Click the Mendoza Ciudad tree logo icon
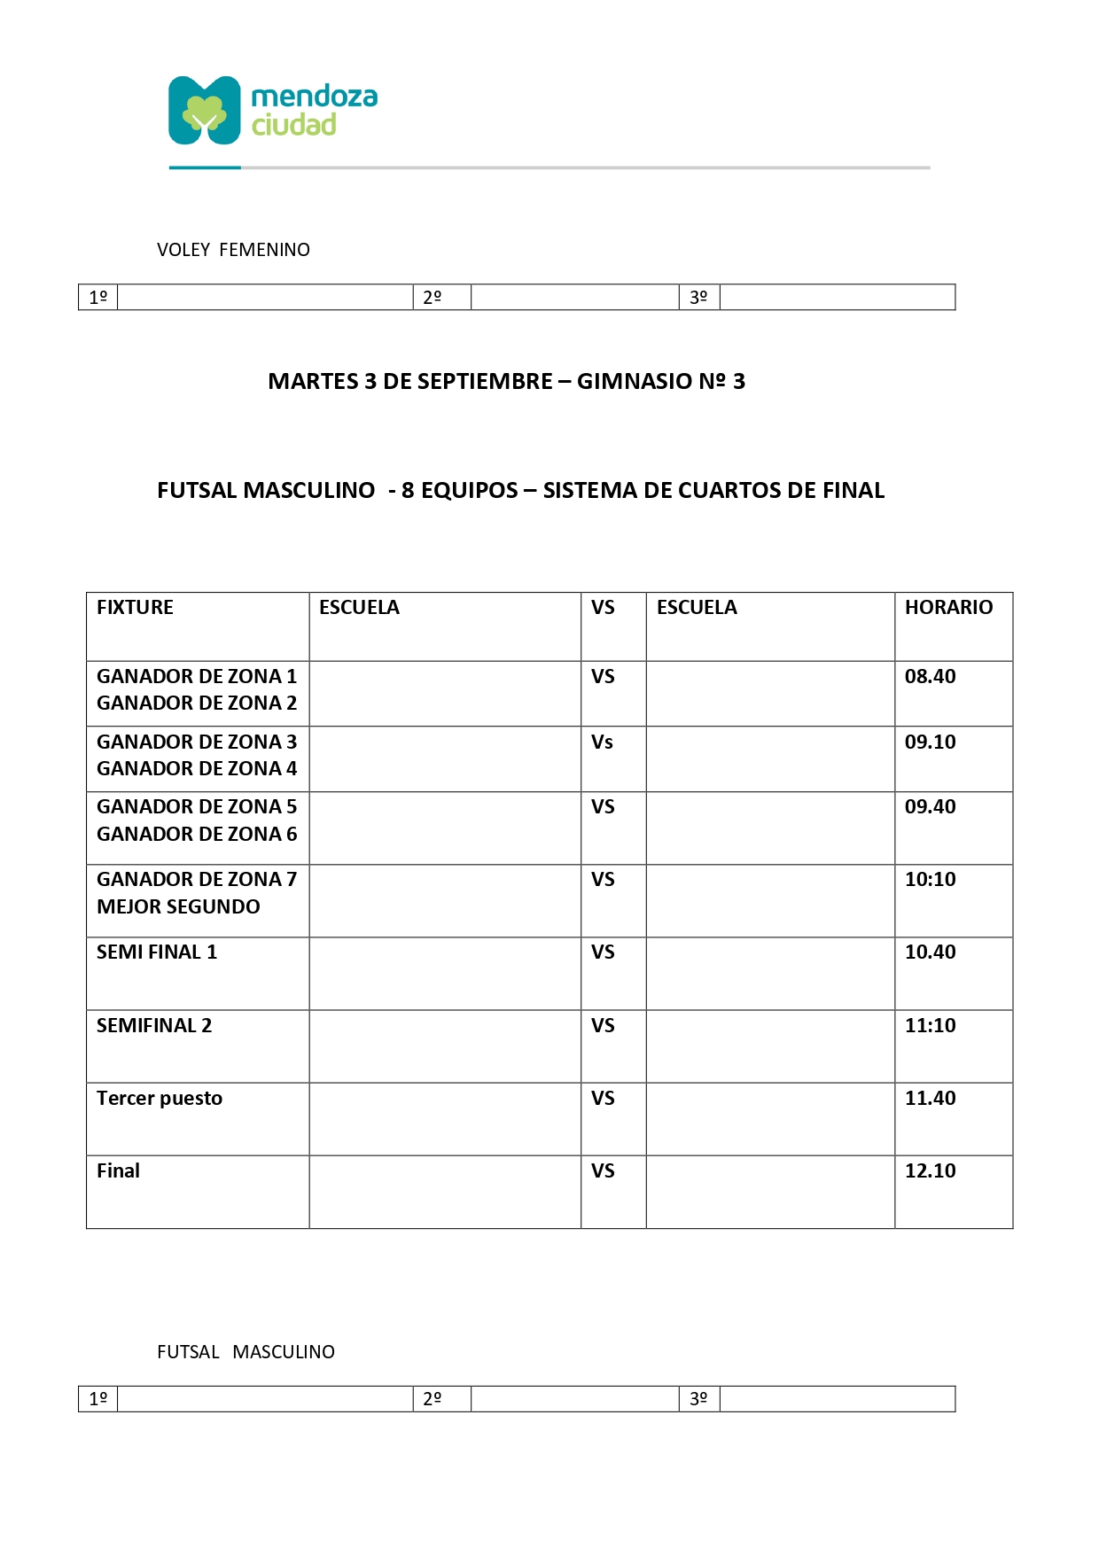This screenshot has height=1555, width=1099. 205,111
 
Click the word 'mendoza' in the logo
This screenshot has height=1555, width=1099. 315,96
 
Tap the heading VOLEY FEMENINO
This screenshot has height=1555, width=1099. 233,250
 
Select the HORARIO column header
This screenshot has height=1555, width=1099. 948,607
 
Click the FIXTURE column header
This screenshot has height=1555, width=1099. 135,607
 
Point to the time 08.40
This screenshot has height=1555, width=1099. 930,676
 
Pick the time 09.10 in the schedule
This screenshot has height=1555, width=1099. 930,742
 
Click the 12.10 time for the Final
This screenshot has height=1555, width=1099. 930,1170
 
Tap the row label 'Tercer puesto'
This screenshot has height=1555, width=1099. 160,1098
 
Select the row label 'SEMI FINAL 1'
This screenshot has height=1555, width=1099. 157,952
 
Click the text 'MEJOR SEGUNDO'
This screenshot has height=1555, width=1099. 178,906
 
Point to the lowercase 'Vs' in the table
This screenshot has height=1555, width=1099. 602,742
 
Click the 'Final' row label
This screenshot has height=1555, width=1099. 118,1170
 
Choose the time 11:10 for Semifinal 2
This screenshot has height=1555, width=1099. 930,1025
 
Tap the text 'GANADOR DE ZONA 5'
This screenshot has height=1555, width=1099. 197,806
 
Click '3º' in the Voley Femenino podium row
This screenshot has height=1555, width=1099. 698,297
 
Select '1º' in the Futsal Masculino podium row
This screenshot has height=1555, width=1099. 98,1398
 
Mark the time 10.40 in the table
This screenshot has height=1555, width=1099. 930,952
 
